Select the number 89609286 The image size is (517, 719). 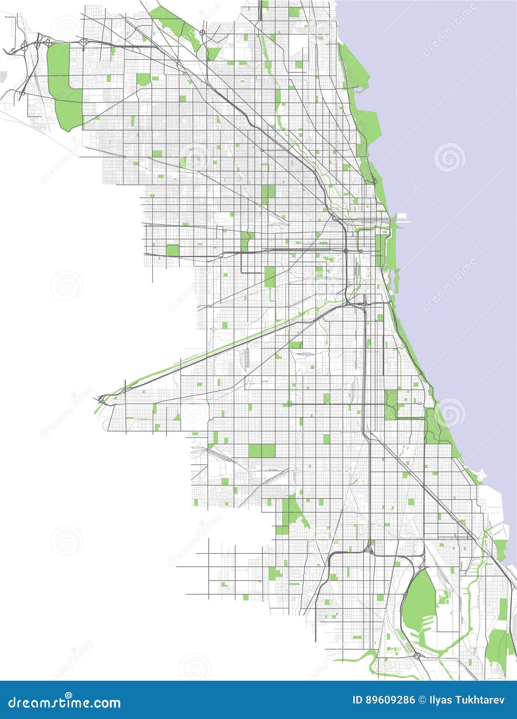pyautogui.click(x=389, y=700)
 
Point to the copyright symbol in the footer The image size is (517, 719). pyautogui.click(x=422, y=700)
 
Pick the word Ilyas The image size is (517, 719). pyautogui.click(x=440, y=700)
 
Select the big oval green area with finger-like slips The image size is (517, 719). pyautogui.click(x=419, y=596)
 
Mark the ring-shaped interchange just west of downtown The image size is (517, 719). pyautogui.click(x=346, y=251)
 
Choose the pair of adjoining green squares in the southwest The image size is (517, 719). pyautogui.click(x=261, y=451)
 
